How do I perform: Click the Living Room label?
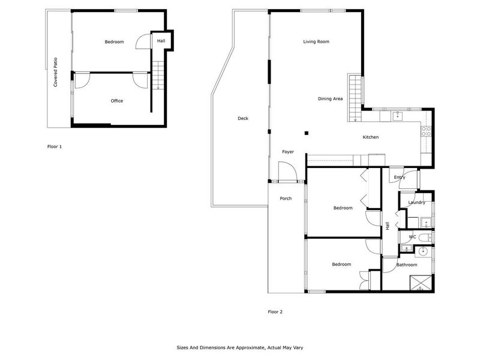[316, 41]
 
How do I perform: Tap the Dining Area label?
[330, 98]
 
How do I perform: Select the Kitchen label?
[370, 137]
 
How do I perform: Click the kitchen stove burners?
[427, 130]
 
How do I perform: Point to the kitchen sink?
[397, 116]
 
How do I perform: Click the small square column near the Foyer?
[305, 133]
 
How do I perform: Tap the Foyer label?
[288, 152]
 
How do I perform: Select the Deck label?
[242, 118]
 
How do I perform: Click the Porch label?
[286, 198]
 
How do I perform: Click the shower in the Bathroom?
[421, 283]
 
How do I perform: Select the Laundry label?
[416, 203]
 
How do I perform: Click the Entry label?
[400, 177]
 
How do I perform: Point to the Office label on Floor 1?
[116, 101]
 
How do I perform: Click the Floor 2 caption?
[275, 311]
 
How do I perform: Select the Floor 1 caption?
[55, 146]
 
